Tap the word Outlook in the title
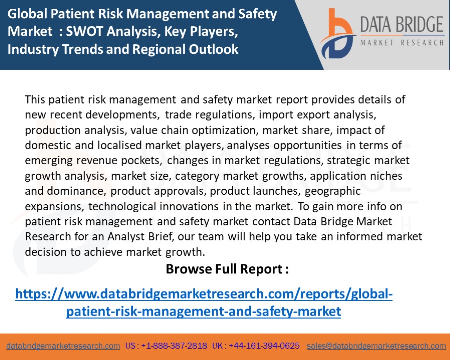pyautogui.click(x=215, y=49)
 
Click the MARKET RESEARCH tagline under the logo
pyautogui.click(x=402, y=43)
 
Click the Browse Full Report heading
pyautogui.click(x=227, y=269)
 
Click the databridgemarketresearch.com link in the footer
pyautogui.click(x=63, y=346)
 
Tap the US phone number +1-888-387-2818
pyautogui.click(x=174, y=346)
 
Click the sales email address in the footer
pyautogui.click(x=376, y=346)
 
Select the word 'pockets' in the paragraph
pyautogui.click(x=143, y=160)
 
